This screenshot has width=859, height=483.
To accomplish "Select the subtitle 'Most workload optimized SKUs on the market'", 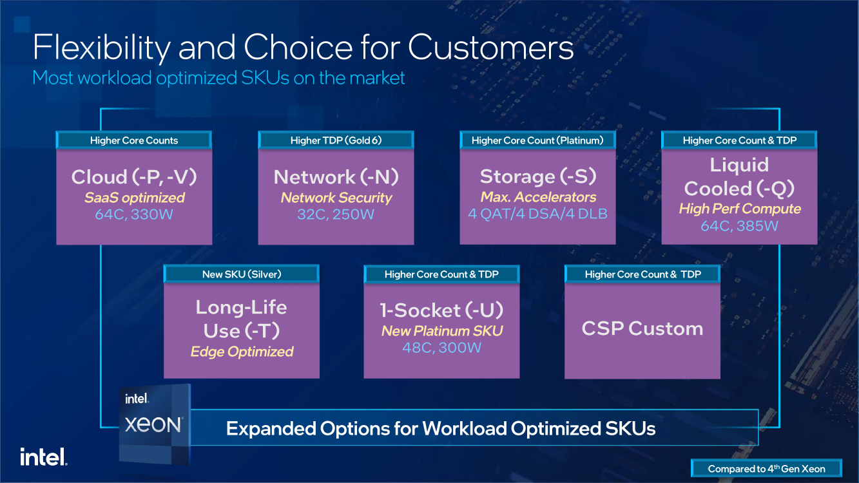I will coord(218,78).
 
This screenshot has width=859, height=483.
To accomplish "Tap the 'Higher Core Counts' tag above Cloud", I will coord(134,140).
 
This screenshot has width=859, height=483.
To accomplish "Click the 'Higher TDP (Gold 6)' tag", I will coord(336,140).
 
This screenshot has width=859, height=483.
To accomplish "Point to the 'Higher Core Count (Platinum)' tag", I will coord(537,140).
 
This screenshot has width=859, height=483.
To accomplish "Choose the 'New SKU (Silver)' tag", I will coord(242,274).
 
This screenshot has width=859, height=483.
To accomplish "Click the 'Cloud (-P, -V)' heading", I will coord(134,177).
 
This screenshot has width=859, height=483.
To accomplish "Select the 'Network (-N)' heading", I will coord(336,177).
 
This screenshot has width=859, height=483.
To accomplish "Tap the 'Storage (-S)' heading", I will coord(537,176).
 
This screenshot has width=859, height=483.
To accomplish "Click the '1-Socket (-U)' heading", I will coord(441,310).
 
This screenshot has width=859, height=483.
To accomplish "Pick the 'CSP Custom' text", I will coord(642,328).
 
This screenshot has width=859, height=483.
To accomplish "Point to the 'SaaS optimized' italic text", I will coord(134,198).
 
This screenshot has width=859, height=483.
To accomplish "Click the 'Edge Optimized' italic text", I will coord(242,352).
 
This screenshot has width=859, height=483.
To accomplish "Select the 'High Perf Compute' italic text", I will coord(739,209).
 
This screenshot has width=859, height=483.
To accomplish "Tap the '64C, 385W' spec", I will coord(739,226).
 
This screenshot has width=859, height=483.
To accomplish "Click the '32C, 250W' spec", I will coord(336,214).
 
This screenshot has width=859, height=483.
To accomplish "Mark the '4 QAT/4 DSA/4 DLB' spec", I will coord(537,214).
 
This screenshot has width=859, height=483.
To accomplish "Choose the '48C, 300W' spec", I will coord(441,348).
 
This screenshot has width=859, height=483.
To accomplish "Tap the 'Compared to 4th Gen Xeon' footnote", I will coord(766,469).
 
